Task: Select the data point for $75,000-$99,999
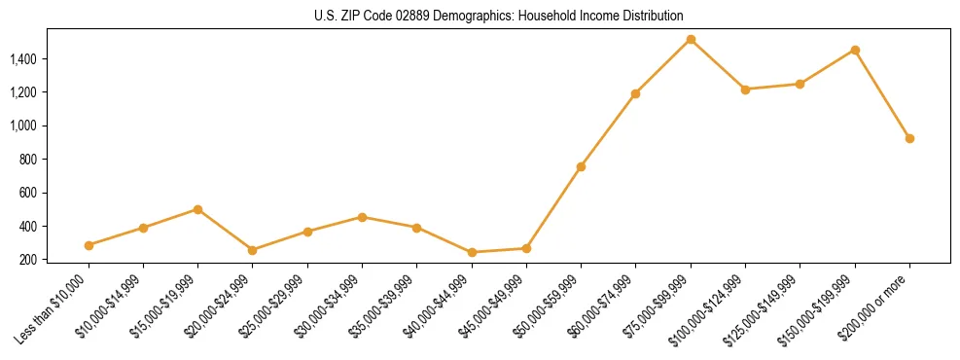(x=691, y=40)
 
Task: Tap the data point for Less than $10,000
(x=89, y=245)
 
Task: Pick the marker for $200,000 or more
(x=909, y=138)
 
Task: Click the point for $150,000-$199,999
(x=855, y=50)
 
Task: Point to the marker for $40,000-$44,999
(x=472, y=252)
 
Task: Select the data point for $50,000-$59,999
(x=581, y=166)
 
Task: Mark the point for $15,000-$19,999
(x=197, y=209)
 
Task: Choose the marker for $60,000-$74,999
(x=635, y=93)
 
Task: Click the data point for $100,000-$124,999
(x=745, y=90)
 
